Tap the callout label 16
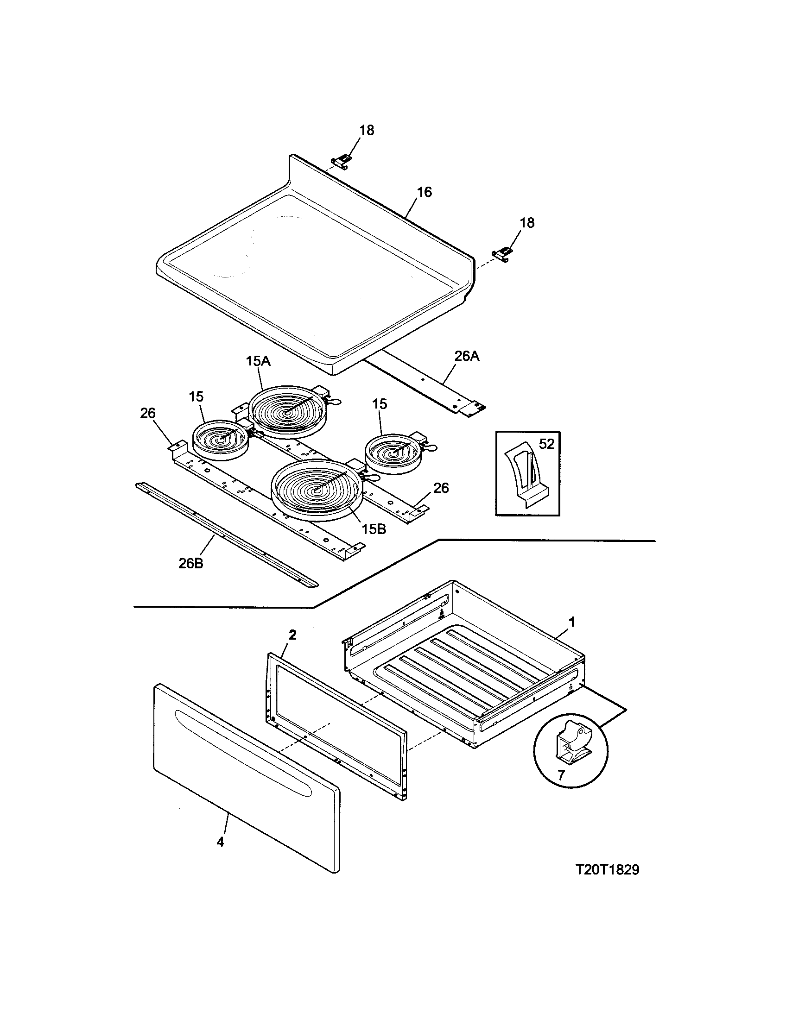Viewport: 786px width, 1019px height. pyautogui.click(x=424, y=192)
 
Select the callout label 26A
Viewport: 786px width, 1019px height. pyautogui.click(x=467, y=357)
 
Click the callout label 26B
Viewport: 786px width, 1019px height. pyautogui.click(x=191, y=563)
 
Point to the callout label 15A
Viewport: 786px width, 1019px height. pyautogui.click(x=259, y=362)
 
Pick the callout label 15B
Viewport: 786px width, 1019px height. pyautogui.click(x=374, y=528)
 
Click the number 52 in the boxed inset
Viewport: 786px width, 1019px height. pyautogui.click(x=546, y=444)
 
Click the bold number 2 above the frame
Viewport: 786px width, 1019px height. pyautogui.click(x=292, y=635)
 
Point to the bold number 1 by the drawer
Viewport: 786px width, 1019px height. pyautogui.click(x=571, y=622)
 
